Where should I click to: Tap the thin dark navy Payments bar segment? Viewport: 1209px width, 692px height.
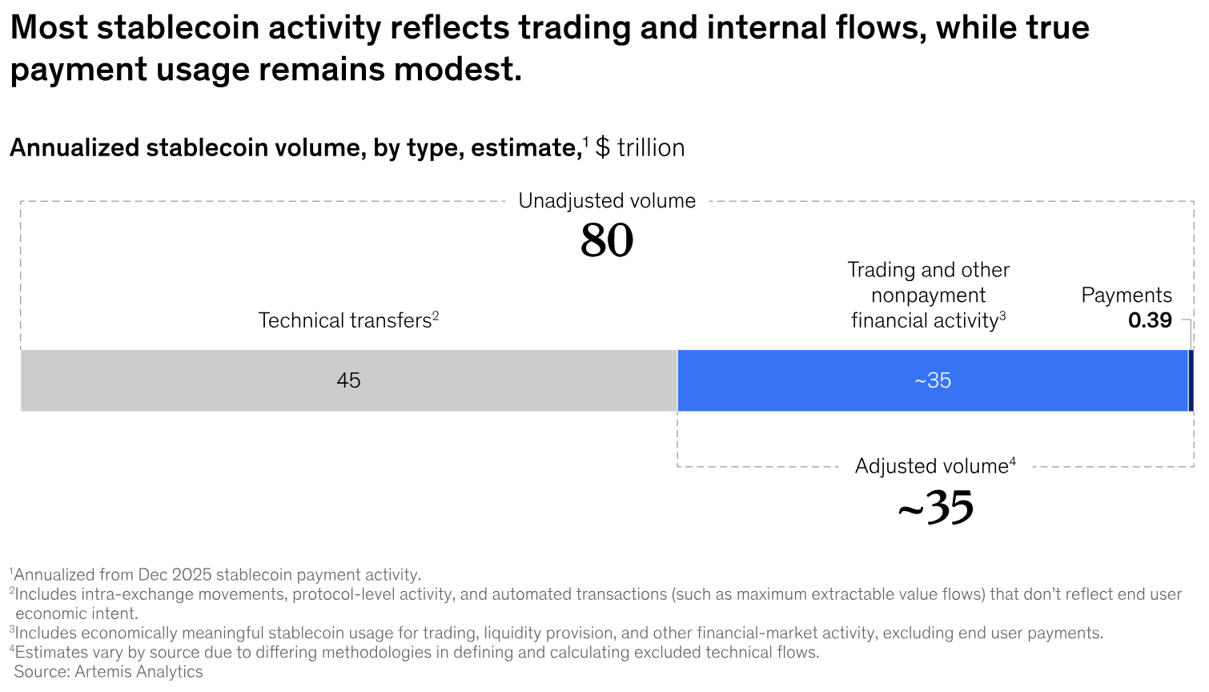[x=1191, y=380]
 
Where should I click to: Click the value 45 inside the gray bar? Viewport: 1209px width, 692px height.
[x=348, y=380]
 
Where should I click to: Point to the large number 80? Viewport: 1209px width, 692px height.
[x=607, y=240]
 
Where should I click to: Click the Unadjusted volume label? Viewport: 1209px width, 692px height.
[x=607, y=201]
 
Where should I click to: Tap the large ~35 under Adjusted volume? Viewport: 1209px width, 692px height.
[x=935, y=507]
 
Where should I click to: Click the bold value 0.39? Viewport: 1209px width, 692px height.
[x=1150, y=320]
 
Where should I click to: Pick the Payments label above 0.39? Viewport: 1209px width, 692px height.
[x=1126, y=295]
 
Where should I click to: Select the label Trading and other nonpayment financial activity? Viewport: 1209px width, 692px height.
[x=928, y=296]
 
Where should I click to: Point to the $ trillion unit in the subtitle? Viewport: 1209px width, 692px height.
[x=640, y=148]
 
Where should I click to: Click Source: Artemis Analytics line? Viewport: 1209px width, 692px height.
[x=108, y=672]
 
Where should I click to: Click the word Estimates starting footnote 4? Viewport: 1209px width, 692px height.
[x=51, y=652]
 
